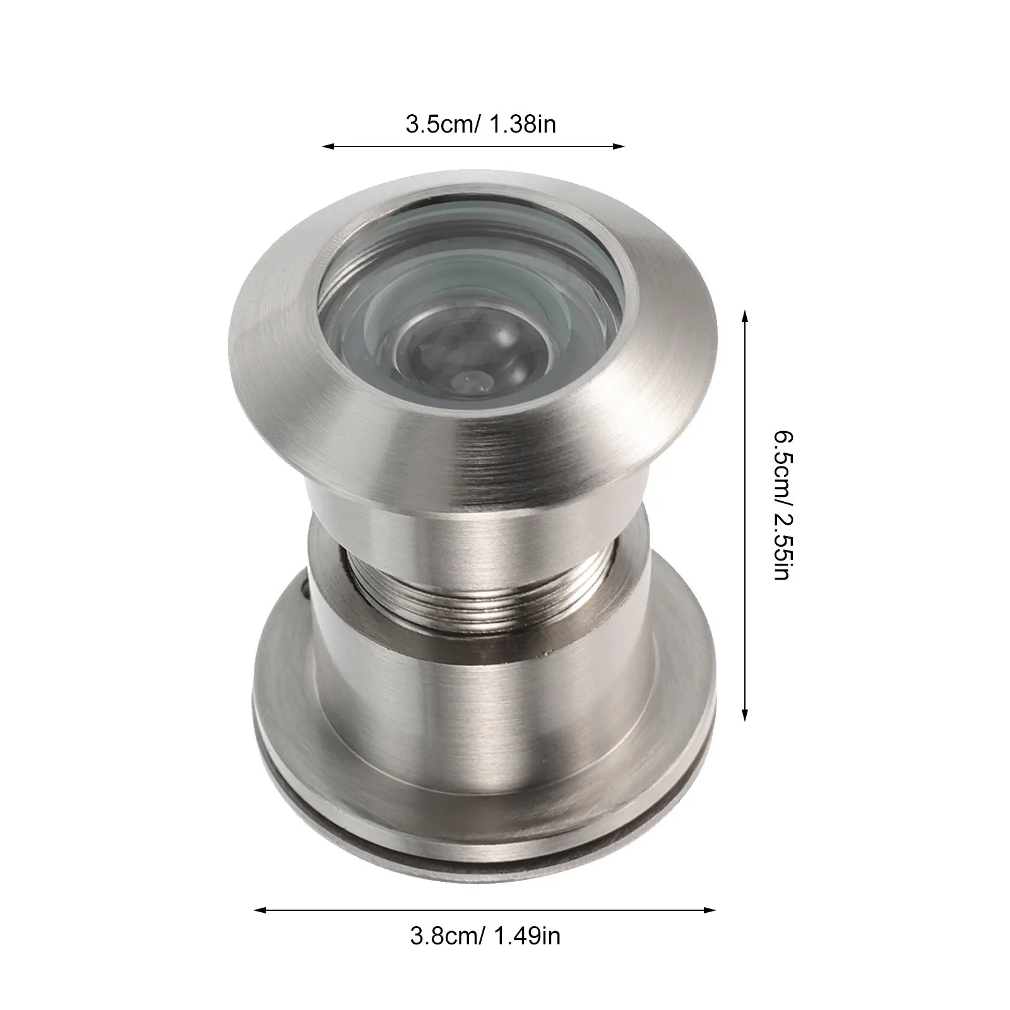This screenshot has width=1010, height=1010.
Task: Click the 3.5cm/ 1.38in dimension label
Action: [x=480, y=124]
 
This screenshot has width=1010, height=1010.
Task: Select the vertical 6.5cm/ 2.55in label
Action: [x=785, y=506]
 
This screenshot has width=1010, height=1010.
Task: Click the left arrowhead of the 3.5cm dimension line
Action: [x=328, y=146]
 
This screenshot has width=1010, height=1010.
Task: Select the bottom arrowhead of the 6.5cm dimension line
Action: [x=745, y=714]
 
